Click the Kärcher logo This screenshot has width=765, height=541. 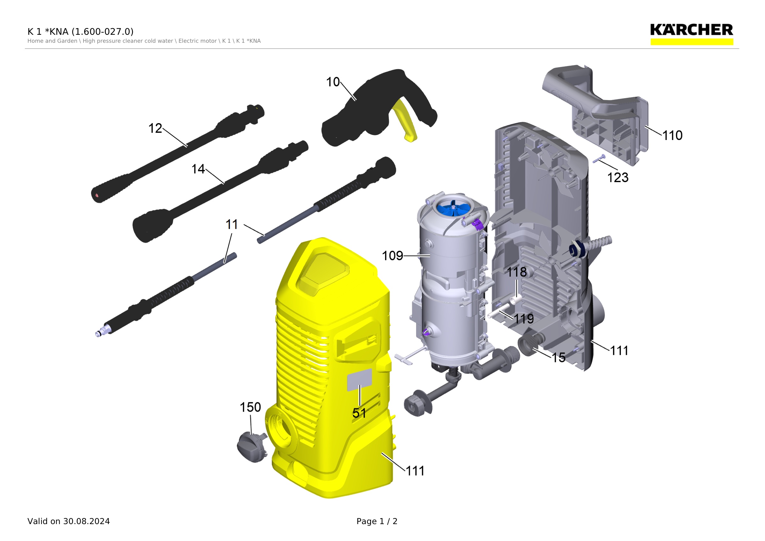[691, 34]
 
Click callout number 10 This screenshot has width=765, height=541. [332, 82]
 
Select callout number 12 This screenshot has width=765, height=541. [155, 128]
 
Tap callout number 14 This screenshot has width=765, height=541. [198, 169]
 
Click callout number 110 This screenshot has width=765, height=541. [672, 136]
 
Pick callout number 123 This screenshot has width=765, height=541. [618, 178]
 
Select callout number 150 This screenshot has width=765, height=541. [250, 407]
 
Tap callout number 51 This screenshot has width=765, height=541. [359, 413]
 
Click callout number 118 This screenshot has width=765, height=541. [517, 272]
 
